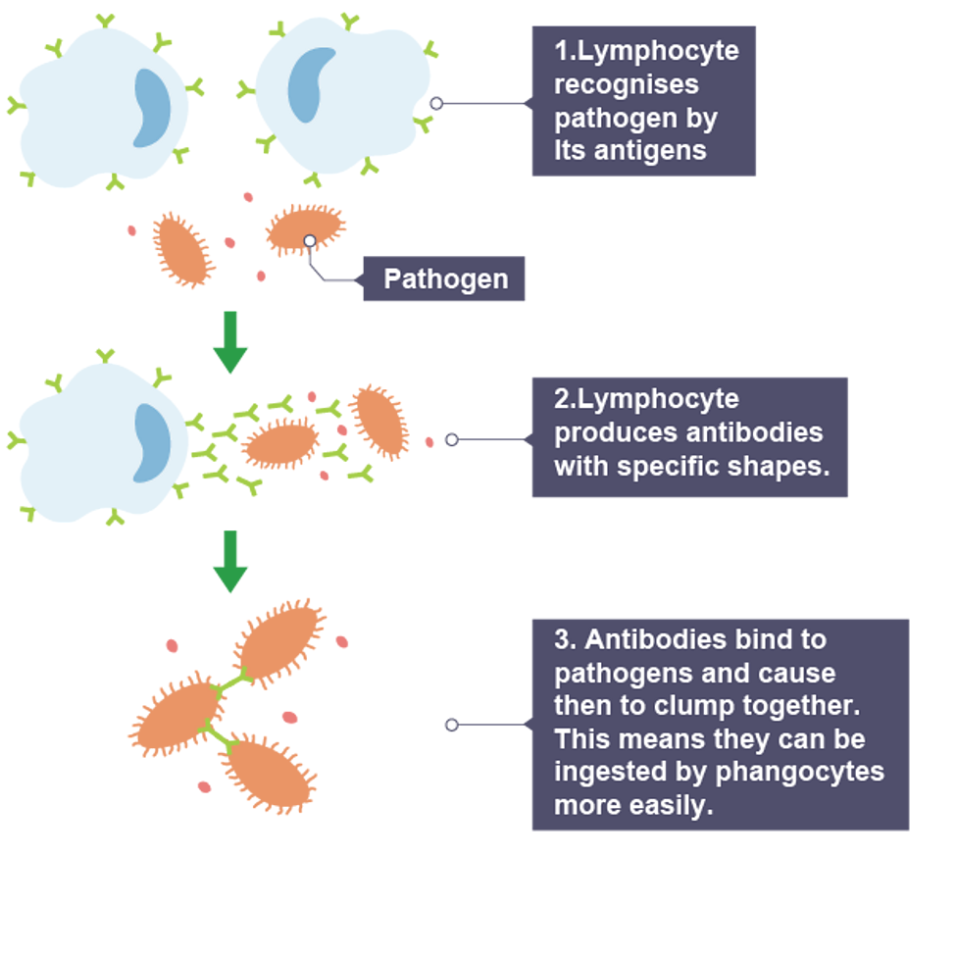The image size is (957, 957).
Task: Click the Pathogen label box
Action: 444,279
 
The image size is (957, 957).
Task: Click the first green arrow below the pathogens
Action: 230,343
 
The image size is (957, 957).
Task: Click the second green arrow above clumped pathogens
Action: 230,562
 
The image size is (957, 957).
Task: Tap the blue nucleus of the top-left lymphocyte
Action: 151,108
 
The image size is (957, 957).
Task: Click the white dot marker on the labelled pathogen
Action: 310,241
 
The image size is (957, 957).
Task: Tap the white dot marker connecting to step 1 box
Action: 436,104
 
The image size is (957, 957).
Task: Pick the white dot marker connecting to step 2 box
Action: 451,440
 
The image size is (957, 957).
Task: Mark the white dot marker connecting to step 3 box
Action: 451,725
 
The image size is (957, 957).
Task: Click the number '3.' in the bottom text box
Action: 566,640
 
